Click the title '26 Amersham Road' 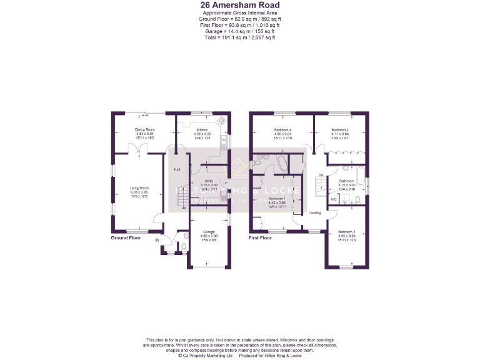239,6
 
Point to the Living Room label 139,192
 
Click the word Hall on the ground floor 177,169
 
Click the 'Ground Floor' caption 126,238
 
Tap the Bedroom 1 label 276,202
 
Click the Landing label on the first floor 314,212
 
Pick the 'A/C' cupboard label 334,199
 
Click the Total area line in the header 239,38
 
